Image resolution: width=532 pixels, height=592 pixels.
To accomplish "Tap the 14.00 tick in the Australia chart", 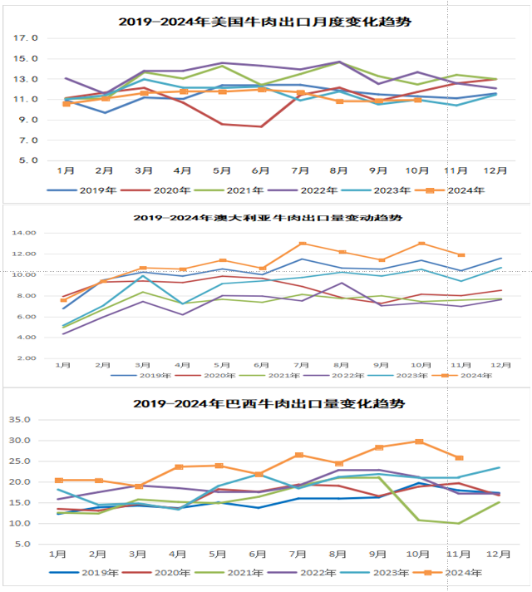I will pyautogui.click(x=28, y=233).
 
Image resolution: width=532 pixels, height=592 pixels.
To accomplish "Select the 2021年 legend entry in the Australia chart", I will pyautogui.click(x=287, y=375).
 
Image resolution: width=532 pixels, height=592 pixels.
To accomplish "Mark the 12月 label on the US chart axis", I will pyautogui.click(x=495, y=170).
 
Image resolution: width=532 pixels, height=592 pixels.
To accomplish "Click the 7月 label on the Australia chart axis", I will pyautogui.click(x=301, y=365).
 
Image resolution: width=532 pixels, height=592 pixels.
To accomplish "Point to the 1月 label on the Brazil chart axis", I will pyautogui.click(x=58, y=555).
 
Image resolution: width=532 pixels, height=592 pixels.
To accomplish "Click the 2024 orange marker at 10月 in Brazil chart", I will pyautogui.click(x=419, y=442).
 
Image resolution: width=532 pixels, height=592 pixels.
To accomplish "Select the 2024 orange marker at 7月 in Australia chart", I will pyautogui.click(x=302, y=244).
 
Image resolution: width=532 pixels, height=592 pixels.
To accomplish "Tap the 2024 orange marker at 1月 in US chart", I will pyautogui.click(x=66, y=104).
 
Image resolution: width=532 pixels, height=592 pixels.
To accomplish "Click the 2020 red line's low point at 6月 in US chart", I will pyautogui.click(x=261, y=126).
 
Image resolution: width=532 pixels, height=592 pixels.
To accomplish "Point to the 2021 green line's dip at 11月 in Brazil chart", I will pyautogui.click(x=458, y=523).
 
